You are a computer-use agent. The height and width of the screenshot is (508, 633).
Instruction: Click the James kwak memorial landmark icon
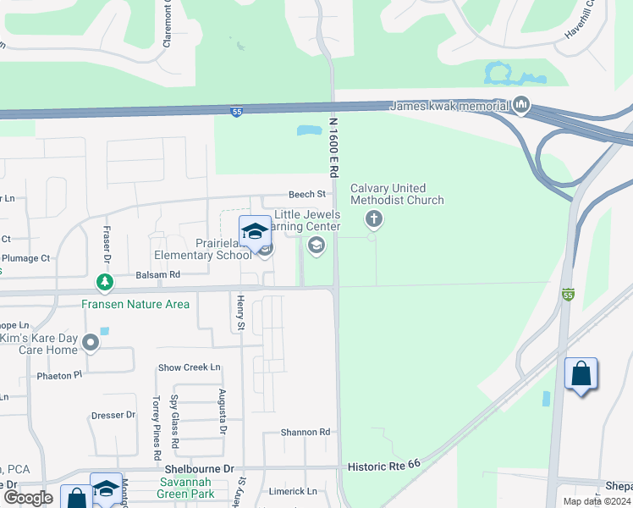coord(520,106)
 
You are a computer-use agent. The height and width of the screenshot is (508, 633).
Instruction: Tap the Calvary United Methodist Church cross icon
coord(373,220)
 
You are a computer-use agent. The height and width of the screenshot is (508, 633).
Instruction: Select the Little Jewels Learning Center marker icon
coord(316,246)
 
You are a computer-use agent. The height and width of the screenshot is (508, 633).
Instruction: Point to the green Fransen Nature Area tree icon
coord(104,282)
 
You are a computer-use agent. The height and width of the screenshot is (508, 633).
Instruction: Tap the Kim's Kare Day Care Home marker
coord(91,342)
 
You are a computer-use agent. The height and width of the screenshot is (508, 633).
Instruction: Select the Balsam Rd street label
coord(158,275)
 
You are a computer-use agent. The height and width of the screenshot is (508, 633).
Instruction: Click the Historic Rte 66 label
coord(384,467)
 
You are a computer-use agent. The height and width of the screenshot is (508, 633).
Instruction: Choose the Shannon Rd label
coord(305,432)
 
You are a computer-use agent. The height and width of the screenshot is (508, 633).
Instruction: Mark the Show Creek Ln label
coord(190,367)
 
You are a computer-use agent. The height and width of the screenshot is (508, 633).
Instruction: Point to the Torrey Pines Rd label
coord(156,422)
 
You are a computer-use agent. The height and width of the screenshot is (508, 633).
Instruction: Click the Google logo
coord(28,498)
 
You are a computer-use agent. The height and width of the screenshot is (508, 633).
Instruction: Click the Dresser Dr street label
coord(113,415)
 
